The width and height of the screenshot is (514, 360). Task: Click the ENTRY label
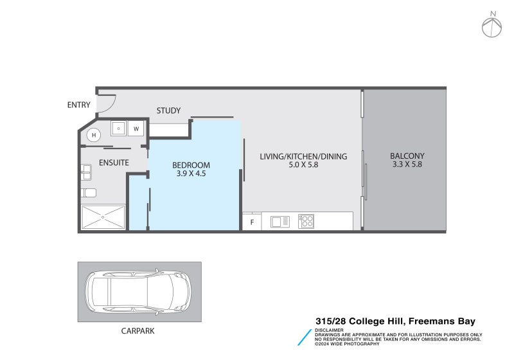pyautogui.click(x=79, y=105)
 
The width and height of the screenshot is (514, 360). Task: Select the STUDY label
pyautogui.click(x=168, y=111)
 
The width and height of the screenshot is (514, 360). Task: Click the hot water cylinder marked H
pyautogui.click(x=94, y=135)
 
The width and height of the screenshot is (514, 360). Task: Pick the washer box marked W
pyautogui.click(x=136, y=129)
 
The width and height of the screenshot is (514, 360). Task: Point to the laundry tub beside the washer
pyautogui.click(x=119, y=129)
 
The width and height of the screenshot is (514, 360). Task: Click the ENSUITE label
pyautogui.click(x=114, y=163)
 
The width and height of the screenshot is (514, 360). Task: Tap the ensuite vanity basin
pyautogui.click(x=86, y=172)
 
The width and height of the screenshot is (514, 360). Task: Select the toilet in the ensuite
pyautogui.click(x=89, y=192)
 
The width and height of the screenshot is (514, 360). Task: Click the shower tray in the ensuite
pyautogui.click(x=103, y=217)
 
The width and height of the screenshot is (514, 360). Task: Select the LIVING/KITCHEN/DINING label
pyautogui.click(x=303, y=156)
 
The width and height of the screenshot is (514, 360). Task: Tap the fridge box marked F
pyautogui.click(x=251, y=222)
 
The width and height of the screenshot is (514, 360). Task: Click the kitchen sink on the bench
pyautogui.click(x=280, y=222)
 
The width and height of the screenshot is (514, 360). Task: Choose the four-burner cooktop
pyautogui.click(x=306, y=221)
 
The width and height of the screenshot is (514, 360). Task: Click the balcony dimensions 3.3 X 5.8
pyautogui.click(x=407, y=165)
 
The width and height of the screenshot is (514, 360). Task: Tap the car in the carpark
pyautogui.click(x=139, y=292)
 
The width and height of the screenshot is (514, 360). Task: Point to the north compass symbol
pyautogui.click(x=493, y=25)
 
